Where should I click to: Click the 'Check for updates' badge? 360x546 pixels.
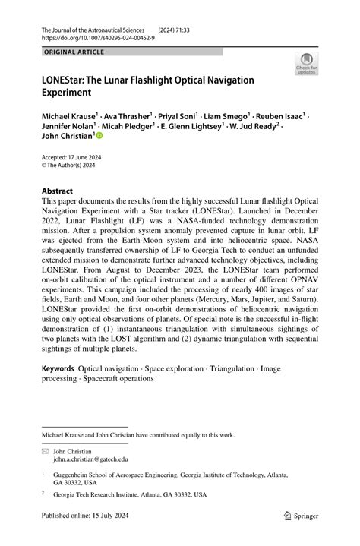pos(307,64)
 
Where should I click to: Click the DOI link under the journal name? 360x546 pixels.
pos(90,36)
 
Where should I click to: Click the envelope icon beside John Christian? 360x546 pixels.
pos(45,451)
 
